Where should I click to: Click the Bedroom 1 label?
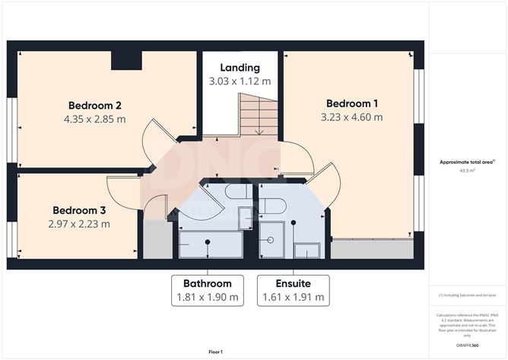click(x=352, y=104)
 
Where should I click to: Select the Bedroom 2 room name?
click(x=95, y=105)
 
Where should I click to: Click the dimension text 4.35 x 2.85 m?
click(x=95, y=119)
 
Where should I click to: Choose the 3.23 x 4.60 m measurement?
click(x=352, y=117)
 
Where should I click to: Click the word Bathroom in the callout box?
click(x=208, y=283)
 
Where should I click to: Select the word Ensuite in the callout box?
click(x=293, y=283)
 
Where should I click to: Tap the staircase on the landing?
click(x=259, y=114)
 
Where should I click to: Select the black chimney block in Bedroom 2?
click(x=126, y=60)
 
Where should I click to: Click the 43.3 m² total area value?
click(x=467, y=171)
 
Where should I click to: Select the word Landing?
click(x=240, y=68)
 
